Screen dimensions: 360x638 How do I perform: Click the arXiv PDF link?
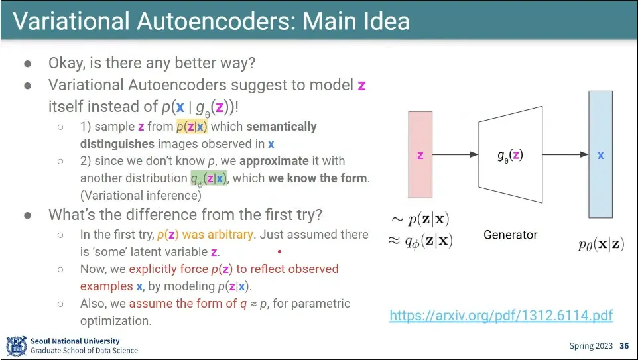[x=501, y=315]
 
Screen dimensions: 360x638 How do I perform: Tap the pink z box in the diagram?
[x=420, y=155]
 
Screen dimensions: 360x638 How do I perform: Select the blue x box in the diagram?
[x=600, y=155]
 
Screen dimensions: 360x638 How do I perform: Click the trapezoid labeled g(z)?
[x=509, y=155]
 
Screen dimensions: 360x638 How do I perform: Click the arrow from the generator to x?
[x=566, y=155]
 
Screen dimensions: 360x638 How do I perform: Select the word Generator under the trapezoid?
[x=510, y=235]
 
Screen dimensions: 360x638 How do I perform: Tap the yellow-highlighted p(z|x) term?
[x=192, y=127]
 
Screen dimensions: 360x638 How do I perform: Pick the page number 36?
[x=623, y=346]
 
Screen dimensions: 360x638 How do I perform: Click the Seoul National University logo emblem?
[x=16, y=346]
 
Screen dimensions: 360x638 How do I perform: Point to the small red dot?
[x=280, y=252]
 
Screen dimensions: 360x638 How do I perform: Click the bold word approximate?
[x=274, y=161]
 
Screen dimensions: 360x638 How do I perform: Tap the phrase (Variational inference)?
[x=140, y=195]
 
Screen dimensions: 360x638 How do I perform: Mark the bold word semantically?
[x=281, y=127]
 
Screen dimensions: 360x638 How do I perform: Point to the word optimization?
[x=116, y=320]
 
